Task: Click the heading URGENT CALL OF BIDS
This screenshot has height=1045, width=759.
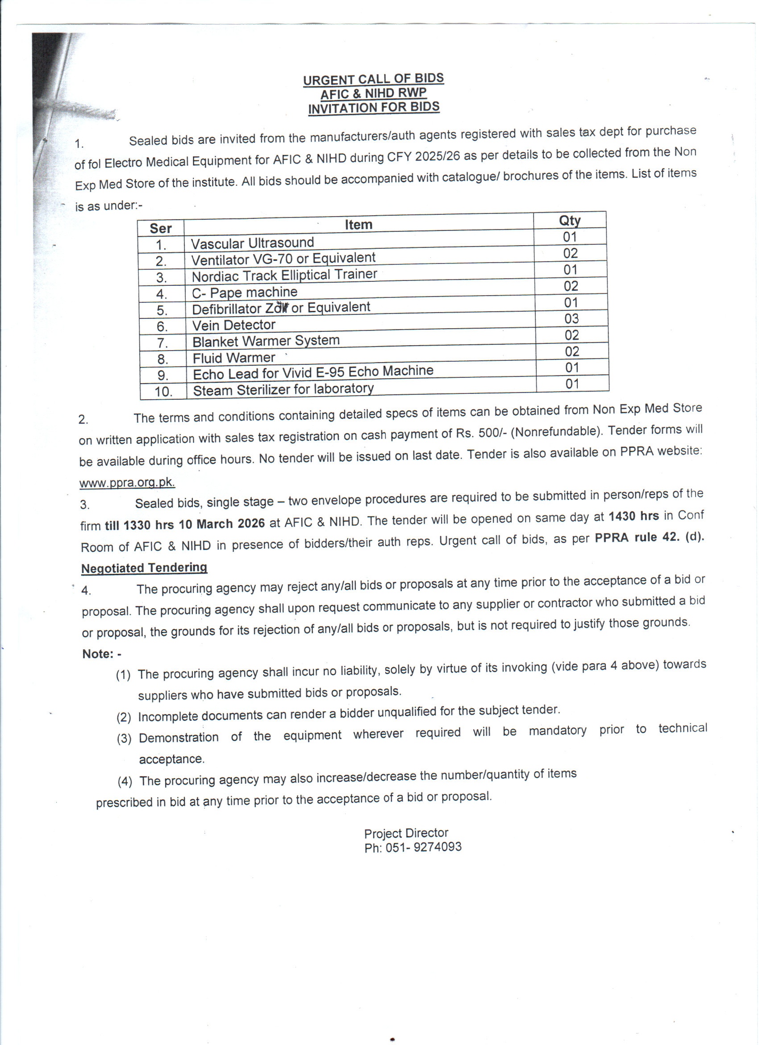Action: coord(373,79)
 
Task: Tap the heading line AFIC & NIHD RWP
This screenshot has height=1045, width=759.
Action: coord(373,93)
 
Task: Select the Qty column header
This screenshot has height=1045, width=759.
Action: coord(570,220)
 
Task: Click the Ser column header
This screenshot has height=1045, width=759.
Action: coord(160,229)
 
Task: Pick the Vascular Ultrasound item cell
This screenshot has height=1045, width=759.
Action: coord(252,243)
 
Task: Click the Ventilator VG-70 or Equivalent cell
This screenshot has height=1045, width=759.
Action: coord(283,259)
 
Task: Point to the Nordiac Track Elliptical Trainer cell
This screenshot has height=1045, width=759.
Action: coord(284,275)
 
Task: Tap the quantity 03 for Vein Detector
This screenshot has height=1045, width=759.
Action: coord(571,318)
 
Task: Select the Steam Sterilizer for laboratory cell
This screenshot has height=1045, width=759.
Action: coord(283,389)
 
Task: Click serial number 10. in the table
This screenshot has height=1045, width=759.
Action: coord(163,392)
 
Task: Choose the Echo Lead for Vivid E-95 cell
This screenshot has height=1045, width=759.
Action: coord(313,372)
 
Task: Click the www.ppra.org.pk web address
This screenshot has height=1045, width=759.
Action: coord(127,482)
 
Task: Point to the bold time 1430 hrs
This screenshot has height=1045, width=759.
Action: coord(633,516)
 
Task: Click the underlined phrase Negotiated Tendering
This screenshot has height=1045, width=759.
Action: coord(144,568)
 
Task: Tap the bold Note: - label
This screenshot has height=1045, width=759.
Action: coord(102,654)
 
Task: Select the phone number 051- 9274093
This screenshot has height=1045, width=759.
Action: coord(423,846)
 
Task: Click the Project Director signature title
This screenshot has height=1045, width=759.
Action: coord(406,833)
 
